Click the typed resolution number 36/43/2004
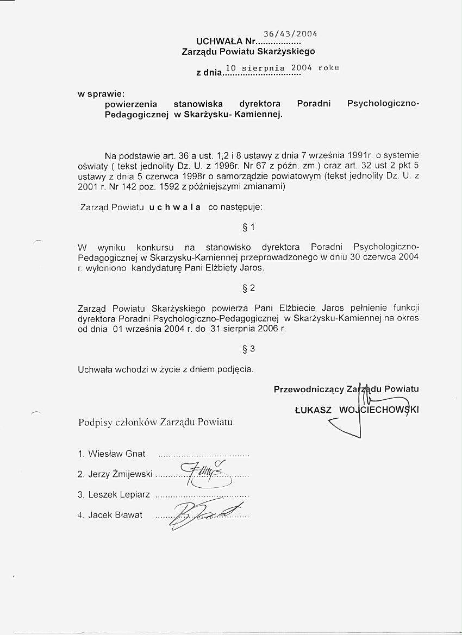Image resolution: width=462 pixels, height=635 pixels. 290,33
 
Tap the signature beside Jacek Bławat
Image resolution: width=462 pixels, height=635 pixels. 201,512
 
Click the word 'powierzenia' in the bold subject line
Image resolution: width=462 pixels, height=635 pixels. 130,104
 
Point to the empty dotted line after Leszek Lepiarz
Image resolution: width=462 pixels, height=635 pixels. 202,495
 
